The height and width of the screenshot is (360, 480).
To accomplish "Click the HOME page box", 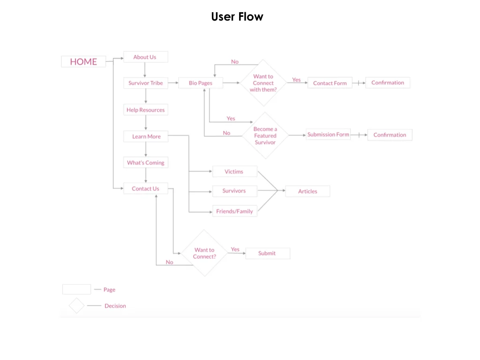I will click(83, 61).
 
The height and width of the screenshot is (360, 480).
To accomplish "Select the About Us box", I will click(145, 57).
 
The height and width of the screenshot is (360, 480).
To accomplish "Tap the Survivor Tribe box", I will click(146, 83).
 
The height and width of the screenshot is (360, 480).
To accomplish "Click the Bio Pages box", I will click(200, 83).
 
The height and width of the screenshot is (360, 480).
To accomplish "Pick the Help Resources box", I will click(146, 110).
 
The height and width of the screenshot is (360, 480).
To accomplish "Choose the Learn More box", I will click(146, 136).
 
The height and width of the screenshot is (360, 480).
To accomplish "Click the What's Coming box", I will click(146, 163).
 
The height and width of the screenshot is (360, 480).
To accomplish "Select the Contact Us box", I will click(146, 188).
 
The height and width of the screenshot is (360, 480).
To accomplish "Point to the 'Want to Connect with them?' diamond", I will click(263, 83).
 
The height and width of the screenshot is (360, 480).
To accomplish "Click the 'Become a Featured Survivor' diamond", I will click(265, 135).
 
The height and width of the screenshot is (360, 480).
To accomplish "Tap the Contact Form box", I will click(330, 83).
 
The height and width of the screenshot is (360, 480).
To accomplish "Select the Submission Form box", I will click(328, 135).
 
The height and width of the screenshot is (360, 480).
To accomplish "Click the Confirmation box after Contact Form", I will click(388, 82).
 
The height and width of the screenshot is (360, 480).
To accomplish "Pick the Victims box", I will click(234, 172).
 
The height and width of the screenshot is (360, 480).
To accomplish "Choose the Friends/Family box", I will click(234, 211).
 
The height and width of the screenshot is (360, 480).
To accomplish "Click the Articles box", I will click(307, 191).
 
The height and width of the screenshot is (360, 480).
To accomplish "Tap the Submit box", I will click(267, 253).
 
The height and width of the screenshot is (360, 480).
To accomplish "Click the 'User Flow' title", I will click(237, 17).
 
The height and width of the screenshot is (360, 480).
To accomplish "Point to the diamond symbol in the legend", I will click(76, 306).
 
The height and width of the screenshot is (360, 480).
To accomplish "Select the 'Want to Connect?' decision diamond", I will click(204, 253).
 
